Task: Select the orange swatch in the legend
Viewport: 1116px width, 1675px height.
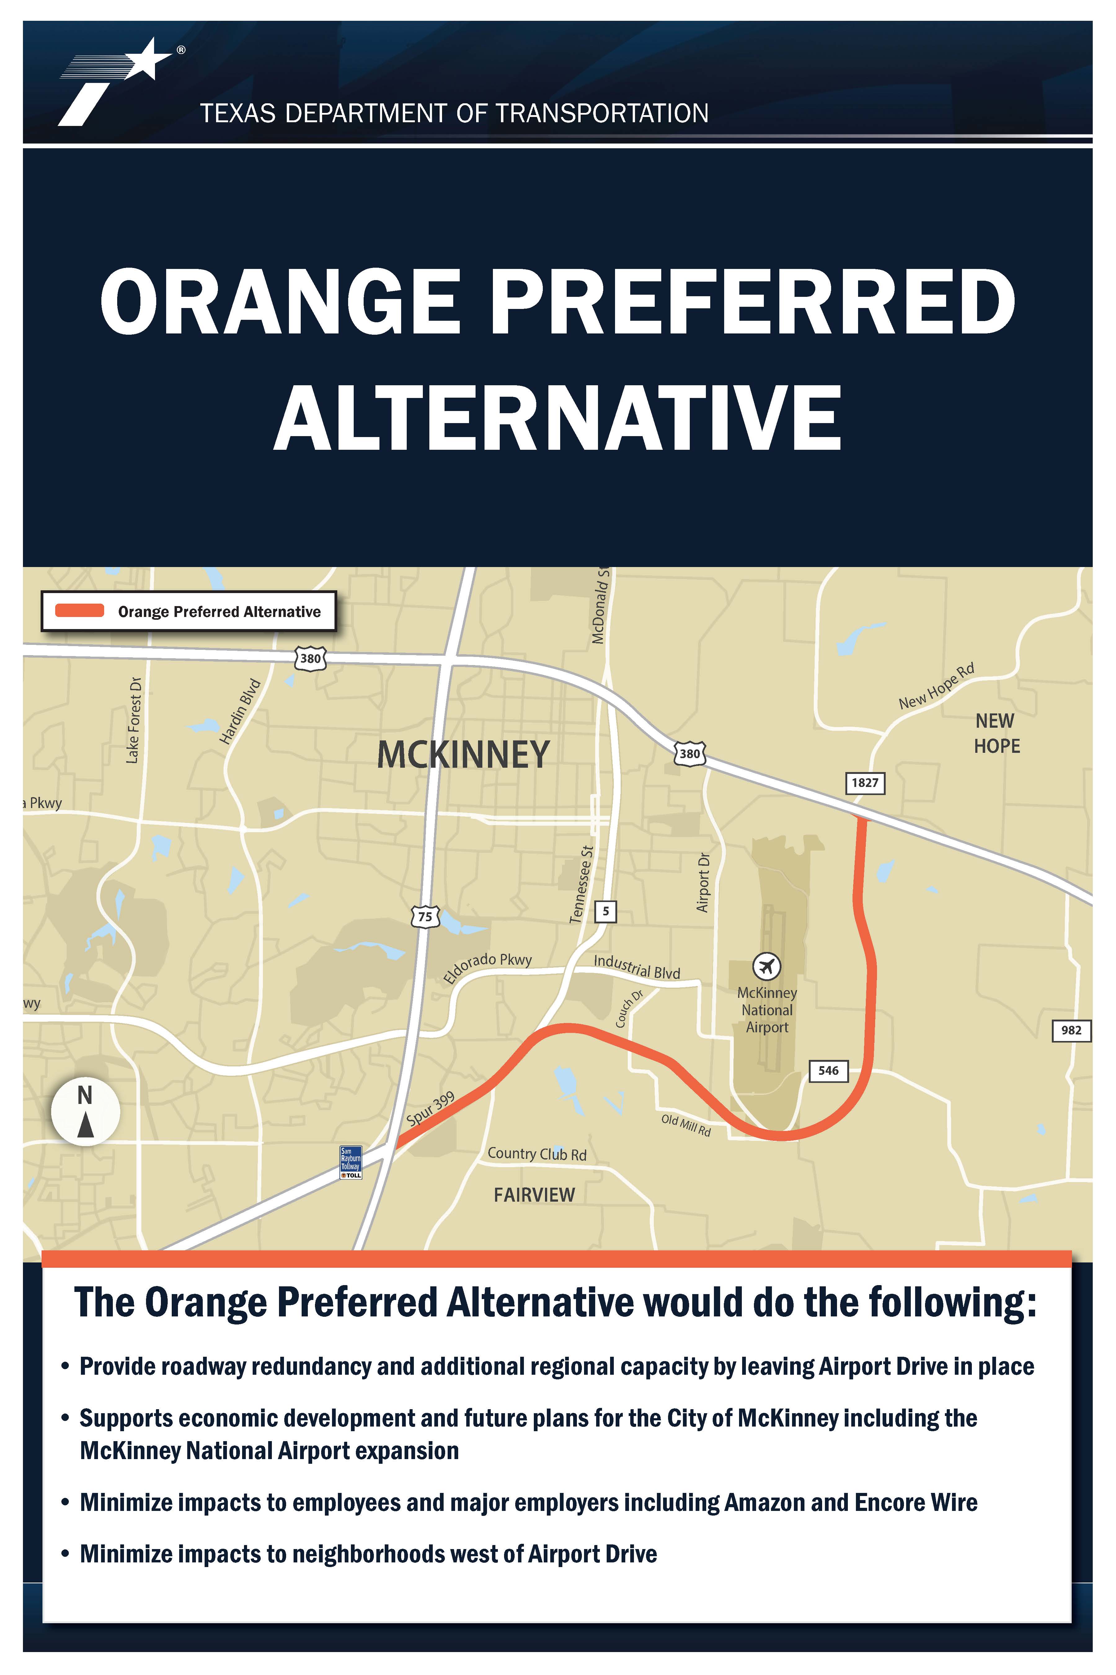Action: [x=80, y=610]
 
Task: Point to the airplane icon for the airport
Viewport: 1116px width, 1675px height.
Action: [x=767, y=967]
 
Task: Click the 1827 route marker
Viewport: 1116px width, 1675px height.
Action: [x=865, y=783]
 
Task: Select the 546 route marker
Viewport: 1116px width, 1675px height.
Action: [x=828, y=1070]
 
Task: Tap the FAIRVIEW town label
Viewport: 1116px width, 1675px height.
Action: [x=534, y=1195]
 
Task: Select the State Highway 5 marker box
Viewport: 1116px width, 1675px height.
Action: [x=606, y=911]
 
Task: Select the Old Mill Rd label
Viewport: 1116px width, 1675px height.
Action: [x=686, y=1125]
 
